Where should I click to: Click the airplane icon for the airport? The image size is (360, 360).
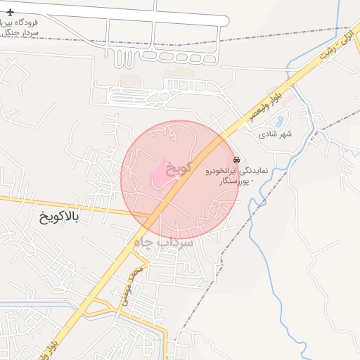10,13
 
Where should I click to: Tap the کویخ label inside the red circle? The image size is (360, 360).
177,169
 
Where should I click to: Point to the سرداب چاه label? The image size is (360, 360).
162,242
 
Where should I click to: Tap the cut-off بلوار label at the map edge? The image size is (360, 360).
77,349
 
